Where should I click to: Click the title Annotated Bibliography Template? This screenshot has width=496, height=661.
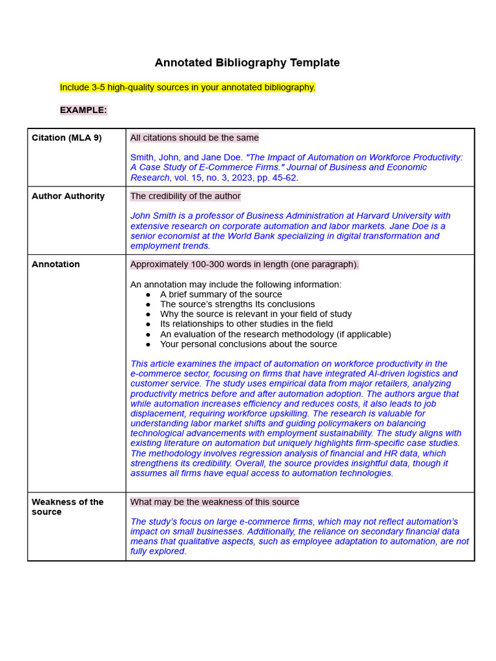tap(247, 63)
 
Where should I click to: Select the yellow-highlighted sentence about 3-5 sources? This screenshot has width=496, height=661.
tap(188, 87)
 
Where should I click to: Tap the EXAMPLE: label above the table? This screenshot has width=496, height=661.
tap(83, 110)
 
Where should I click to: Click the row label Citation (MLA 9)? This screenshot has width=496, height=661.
tap(67, 137)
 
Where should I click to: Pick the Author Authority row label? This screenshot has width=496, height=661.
tap(68, 196)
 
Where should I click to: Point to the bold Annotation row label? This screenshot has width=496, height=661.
tap(56, 264)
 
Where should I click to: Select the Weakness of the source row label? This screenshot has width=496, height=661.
tap(67, 507)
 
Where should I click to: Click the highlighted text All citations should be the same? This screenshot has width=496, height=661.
tap(194, 137)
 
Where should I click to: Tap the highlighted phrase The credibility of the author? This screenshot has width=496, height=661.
tap(185, 196)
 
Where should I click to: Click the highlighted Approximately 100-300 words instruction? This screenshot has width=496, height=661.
tap(244, 264)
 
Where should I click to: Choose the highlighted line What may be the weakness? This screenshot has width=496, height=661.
tap(214, 502)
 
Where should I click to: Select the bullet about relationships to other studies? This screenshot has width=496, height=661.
tap(246, 324)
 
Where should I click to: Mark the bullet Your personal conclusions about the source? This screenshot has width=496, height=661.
tap(249, 344)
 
